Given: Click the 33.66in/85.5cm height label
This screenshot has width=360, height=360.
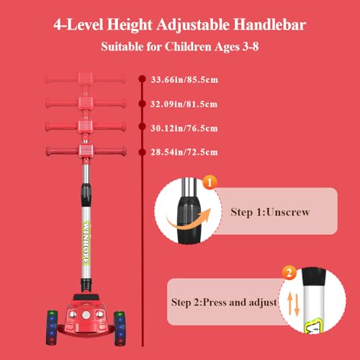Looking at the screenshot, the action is [x=184, y=80].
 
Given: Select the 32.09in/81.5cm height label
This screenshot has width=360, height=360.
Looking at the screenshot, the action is [x=184, y=104].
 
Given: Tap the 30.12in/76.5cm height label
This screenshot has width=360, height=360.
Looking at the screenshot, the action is [x=184, y=128].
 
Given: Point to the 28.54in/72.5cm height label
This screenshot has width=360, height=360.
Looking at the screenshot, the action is [x=184, y=152].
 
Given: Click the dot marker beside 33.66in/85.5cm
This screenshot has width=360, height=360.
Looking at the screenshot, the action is [x=143, y=79].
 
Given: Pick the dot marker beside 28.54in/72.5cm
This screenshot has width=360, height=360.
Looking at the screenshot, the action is [x=143, y=152].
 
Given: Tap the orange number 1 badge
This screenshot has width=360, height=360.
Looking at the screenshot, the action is [x=210, y=182].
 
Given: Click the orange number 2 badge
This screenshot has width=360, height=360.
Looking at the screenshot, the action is [x=289, y=273].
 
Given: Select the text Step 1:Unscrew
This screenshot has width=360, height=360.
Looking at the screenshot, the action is [x=270, y=212].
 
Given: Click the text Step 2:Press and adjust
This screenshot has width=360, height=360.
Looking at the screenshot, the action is [x=224, y=302].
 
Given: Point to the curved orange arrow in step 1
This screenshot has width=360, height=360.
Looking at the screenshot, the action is [x=189, y=220].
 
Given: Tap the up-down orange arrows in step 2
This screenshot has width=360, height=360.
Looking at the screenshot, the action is [x=293, y=304].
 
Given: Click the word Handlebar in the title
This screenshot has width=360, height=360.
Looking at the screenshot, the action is [x=270, y=24].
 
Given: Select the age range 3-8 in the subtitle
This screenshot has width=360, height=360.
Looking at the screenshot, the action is [x=251, y=46].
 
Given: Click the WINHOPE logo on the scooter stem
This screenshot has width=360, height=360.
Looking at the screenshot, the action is [x=86, y=243].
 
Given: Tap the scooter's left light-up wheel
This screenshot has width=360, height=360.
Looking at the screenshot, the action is [x=52, y=328].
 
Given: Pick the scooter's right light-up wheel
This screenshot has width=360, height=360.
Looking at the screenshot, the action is [x=120, y=328].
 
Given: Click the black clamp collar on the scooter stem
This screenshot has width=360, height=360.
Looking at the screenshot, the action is [x=86, y=195].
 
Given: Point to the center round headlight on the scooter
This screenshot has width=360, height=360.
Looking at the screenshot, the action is [x=86, y=315].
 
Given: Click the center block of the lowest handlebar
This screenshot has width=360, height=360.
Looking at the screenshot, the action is [x=86, y=151].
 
